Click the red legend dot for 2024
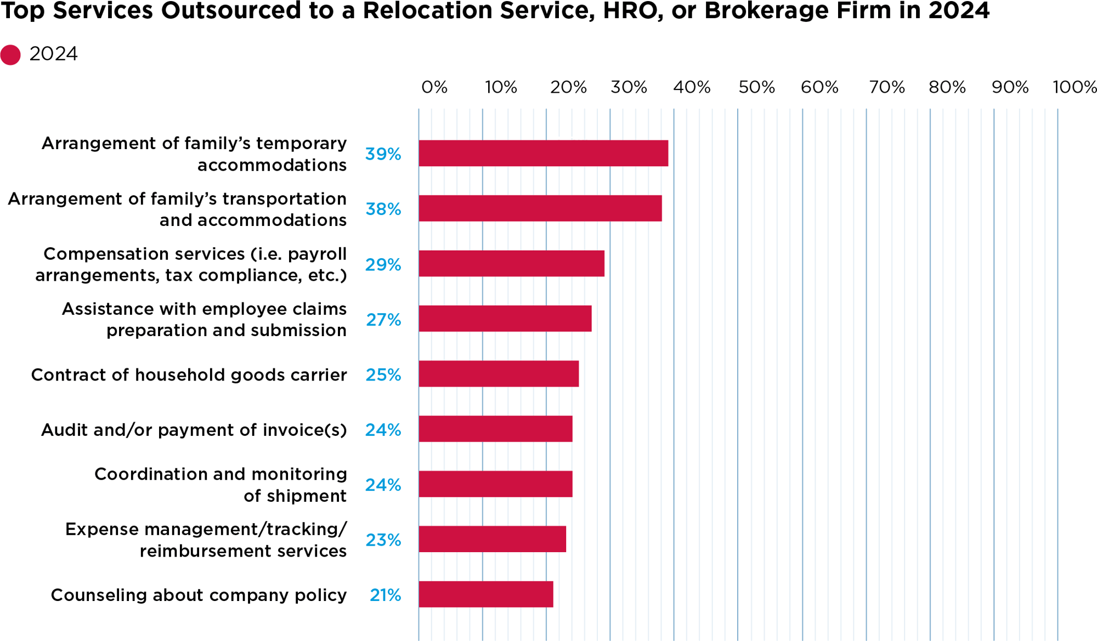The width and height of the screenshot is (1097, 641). point(10,55)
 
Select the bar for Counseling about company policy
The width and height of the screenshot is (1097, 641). point(485,594)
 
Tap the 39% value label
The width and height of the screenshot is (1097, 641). point(383,154)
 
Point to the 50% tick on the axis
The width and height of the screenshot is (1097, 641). point(756,87)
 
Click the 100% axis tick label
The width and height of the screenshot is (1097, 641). point(1074,87)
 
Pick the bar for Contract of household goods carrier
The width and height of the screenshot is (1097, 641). point(498,374)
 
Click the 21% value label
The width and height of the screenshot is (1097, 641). point(385,595)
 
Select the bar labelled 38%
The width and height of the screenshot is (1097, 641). point(540,208)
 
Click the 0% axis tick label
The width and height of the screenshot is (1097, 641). point(434,87)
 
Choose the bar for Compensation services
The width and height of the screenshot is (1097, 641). point(511,264)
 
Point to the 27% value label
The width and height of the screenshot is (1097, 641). point(383,320)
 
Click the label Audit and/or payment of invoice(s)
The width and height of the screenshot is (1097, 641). point(194,430)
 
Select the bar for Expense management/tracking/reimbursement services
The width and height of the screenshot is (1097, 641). point(492,539)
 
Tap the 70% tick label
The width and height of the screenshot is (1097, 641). point(886,87)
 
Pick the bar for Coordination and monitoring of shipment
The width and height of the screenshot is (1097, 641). point(495,484)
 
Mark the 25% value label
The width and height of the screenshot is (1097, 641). point(383,375)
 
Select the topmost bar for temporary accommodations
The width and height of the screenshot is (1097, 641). point(543,153)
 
